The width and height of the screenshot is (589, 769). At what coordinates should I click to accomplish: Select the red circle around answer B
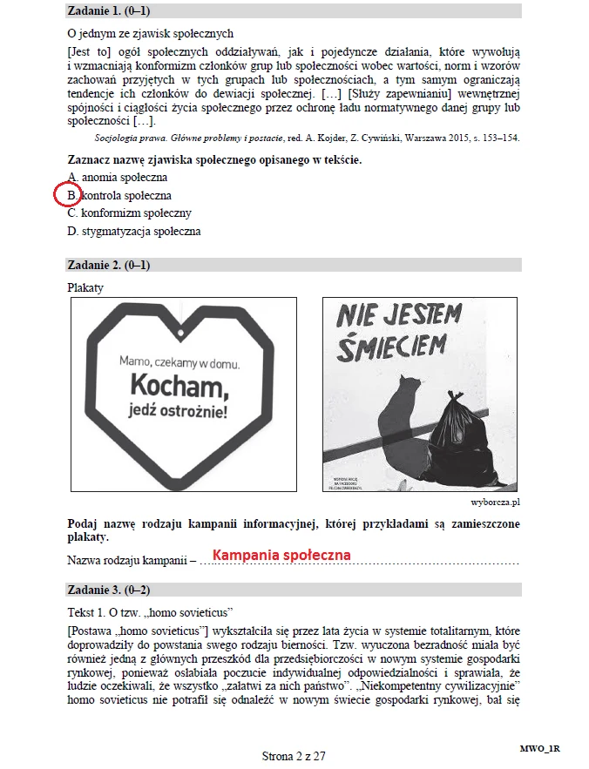point(69,195)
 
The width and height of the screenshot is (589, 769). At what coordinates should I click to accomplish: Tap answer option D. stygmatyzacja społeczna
point(134,231)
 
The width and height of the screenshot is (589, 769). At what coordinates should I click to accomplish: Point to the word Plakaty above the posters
point(85,287)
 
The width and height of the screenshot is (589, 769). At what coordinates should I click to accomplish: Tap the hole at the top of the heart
point(179,332)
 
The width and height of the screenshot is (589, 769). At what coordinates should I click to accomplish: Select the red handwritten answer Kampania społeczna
point(281,555)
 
